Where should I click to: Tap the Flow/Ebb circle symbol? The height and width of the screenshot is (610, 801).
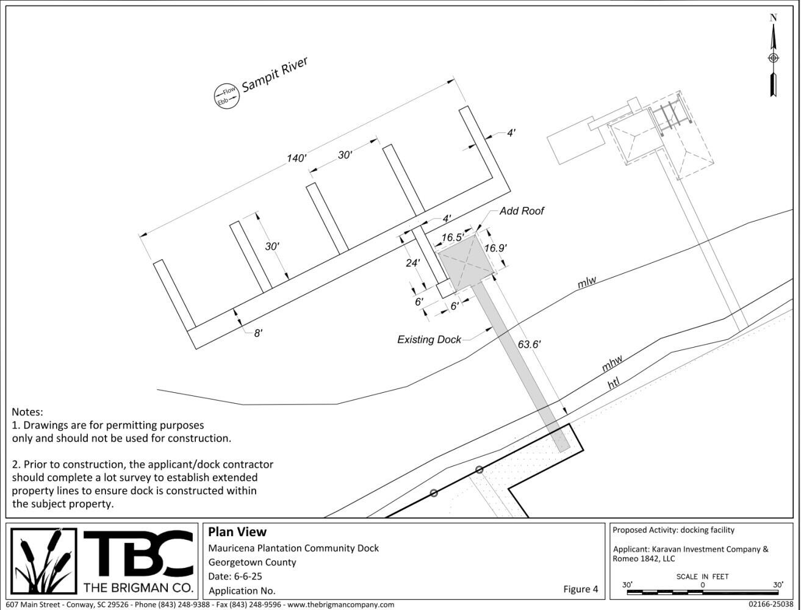click(225, 96)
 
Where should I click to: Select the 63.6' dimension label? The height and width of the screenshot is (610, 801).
click(529, 344)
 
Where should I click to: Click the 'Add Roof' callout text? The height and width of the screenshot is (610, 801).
click(522, 211)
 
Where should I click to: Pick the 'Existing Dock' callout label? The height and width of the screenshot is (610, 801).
click(429, 339)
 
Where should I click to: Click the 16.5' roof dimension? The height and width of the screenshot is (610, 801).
click(453, 237)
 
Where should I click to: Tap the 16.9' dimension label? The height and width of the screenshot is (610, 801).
click(495, 248)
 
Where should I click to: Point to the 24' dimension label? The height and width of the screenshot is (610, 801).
click(413, 264)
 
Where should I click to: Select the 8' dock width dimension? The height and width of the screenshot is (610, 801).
click(258, 333)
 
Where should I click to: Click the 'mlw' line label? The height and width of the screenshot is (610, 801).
click(587, 282)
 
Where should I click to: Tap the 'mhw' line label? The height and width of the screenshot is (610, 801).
click(612, 365)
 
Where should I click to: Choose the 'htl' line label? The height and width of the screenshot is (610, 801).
click(614, 384)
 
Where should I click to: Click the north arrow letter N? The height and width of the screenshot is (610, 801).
click(773, 18)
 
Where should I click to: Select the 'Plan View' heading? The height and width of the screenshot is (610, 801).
click(237, 532)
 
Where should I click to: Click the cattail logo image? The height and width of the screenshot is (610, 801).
click(45, 561)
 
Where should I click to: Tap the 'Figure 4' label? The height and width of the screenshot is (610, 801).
click(581, 589)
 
